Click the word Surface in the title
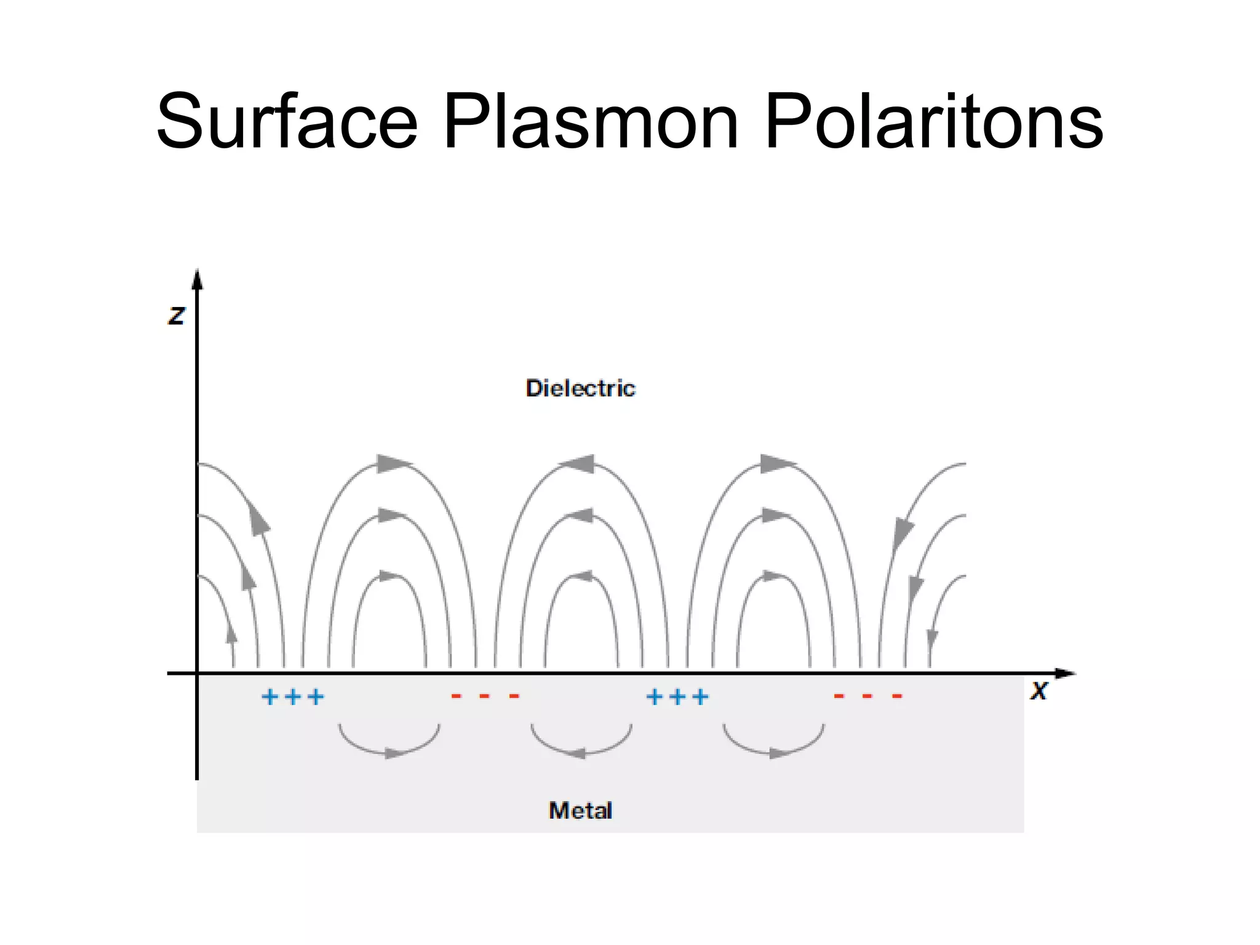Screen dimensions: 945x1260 click(287, 121)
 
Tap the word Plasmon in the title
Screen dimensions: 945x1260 click(590, 121)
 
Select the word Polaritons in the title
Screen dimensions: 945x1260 click(933, 121)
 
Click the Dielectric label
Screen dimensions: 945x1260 click(580, 388)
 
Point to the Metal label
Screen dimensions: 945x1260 click(580, 810)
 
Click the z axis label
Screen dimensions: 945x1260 click(177, 315)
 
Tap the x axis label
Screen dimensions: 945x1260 click(1039, 691)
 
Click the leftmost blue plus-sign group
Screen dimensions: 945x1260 click(293, 697)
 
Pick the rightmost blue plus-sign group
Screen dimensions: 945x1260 click(677, 697)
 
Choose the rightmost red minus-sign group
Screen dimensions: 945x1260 click(867, 696)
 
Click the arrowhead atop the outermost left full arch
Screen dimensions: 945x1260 click(393, 463)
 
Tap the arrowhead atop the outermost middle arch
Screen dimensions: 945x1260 click(580, 464)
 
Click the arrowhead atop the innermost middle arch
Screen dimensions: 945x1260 click(581, 576)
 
